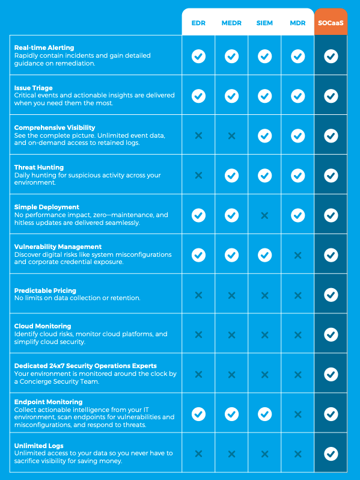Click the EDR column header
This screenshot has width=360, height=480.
click(198, 23)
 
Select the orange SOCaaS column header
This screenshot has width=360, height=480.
click(331, 23)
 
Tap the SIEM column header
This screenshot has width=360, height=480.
click(264, 23)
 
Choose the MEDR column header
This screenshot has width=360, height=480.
click(231, 23)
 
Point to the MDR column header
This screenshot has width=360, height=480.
click(297, 23)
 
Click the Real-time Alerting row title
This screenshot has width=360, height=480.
click(44, 48)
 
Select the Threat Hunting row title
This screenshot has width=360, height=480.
click(39, 167)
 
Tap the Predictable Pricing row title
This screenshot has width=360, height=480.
click(45, 291)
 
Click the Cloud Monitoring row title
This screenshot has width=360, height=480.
click(43, 326)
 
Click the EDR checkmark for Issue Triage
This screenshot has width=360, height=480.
click(198, 96)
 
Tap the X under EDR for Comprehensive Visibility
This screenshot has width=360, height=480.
click(198, 136)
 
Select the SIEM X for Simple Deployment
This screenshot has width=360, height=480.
click(264, 215)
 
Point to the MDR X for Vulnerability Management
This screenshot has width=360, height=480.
click(297, 255)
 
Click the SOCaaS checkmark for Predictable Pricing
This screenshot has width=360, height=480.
click(331, 295)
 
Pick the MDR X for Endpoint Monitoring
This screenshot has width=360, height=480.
click(297, 414)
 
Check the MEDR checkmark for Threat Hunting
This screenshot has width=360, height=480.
click(231, 176)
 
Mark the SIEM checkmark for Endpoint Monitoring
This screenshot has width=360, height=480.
click(264, 414)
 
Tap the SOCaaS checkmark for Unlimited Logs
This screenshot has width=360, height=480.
click(331, 454)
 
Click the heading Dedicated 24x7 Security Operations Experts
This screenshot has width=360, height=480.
click(85, 366)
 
